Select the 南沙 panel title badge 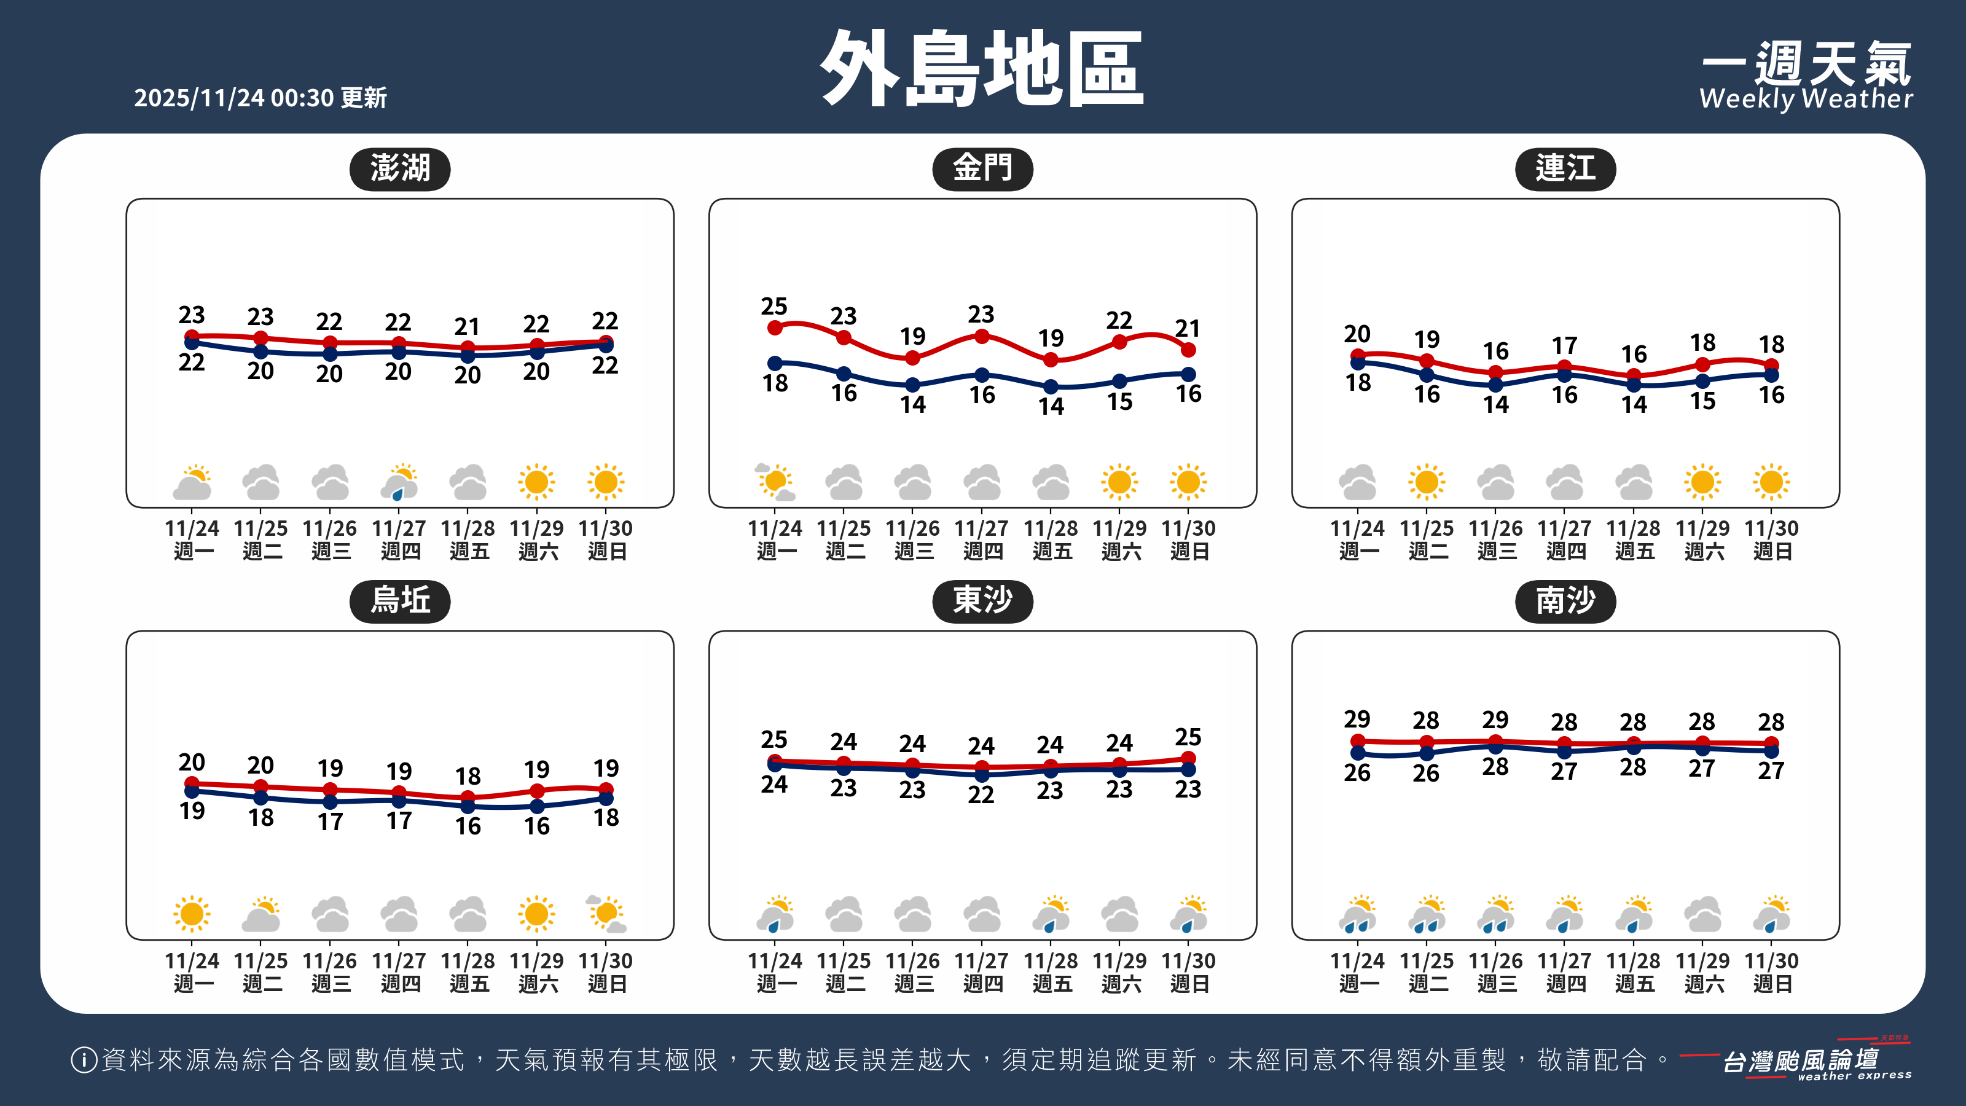(x=1565, y=601)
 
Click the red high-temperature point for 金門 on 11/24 (x=775, y=327)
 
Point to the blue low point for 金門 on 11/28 (x=1051, y=387)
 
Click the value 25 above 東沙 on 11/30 (x=1188, y=737)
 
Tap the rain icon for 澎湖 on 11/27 (x=399, y=483)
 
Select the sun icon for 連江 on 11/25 (x=1427, y=482)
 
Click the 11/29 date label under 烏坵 (x=536, y=960)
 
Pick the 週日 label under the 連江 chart (x=1772, y=551)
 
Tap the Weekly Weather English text (x=1806, y=99)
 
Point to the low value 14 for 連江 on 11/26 (x=1496, y=404)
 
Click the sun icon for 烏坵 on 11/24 (x=192, y=914)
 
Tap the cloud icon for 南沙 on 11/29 (x=1702, y=914)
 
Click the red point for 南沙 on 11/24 (x=1358, y=741)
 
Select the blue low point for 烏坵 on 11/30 (x=606, y=798)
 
